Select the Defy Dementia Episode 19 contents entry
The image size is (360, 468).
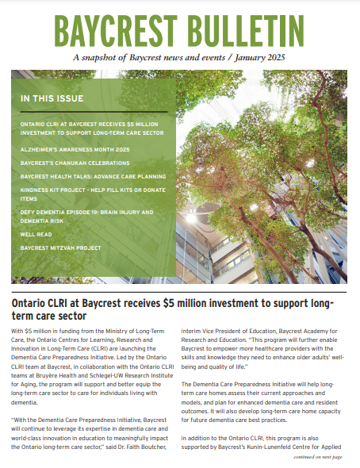[x=87, y=213]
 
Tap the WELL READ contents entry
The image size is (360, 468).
[x=36, y=234]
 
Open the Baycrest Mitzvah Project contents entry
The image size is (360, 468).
[x=61, y=247]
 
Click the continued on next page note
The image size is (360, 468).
[x=317, y=458]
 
